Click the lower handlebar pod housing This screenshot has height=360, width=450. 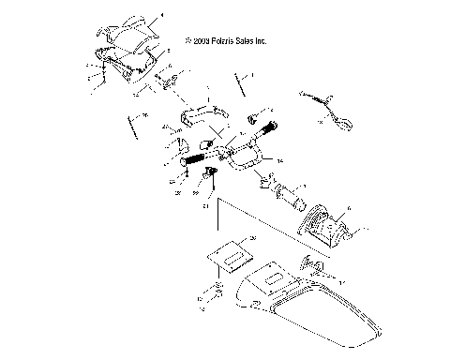(x=126, y=63)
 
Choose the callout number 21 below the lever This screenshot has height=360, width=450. (x=205, y=207)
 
